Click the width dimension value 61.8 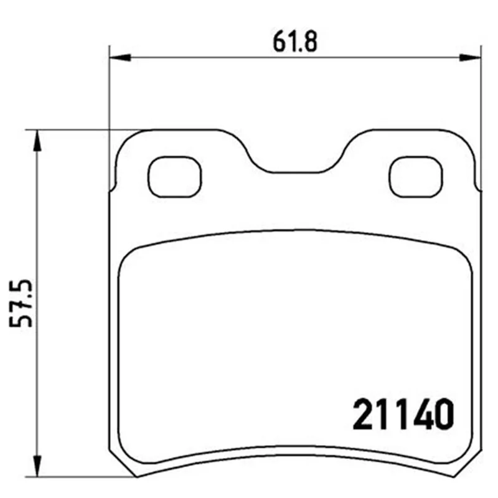coord(295,42)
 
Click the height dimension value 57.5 coord(21,303)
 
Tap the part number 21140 coord(403,414)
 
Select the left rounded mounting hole coord(175,177)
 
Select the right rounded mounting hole coord(416,177)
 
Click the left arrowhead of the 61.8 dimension coord(120,57)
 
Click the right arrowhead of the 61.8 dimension coord(471,57)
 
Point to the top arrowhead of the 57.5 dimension coord(37,141)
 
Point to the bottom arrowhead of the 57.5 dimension coord(37,466)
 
